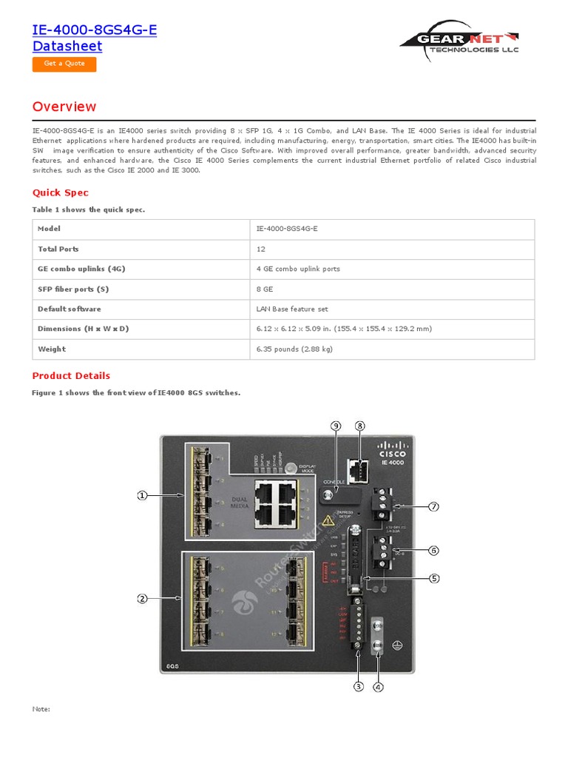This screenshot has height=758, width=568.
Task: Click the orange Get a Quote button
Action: (64, 64)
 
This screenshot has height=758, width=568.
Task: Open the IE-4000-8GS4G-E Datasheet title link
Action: (95, 38)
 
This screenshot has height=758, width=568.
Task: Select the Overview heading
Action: (64, 107)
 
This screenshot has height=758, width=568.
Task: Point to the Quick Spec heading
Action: (61, 192)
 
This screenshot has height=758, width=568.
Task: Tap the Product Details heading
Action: (71, 375)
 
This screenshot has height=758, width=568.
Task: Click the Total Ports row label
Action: (58, 249)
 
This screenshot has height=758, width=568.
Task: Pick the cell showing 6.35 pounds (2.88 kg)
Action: (294, 349)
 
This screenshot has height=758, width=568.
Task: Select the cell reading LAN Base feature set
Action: (292, 309)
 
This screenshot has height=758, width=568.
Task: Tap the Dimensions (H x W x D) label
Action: (83, 329)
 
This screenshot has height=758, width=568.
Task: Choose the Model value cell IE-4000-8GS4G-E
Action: (287, 229)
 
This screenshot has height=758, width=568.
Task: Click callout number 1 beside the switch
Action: (142, 496)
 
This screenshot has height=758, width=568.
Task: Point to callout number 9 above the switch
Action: (336, 426)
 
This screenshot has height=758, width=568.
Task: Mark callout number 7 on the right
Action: (434, 506)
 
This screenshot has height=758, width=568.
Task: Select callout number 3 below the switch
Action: (359, 686)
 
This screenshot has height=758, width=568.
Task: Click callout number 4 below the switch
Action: (378, 686)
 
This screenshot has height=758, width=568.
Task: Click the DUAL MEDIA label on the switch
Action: (239, 501)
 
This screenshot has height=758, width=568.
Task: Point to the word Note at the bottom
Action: (41, 709)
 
